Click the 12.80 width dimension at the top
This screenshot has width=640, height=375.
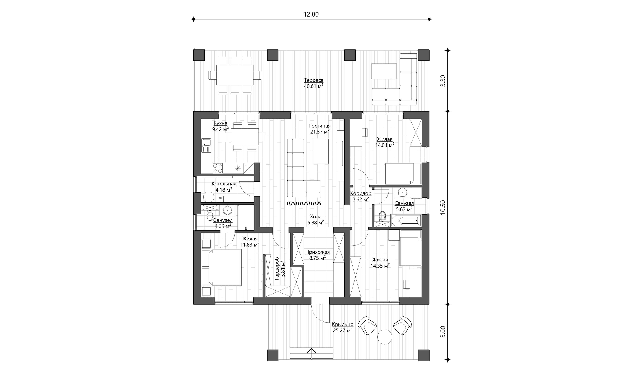(311, 14)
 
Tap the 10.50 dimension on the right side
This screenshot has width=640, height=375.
(443, 208)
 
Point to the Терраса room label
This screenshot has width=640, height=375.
(314, 80)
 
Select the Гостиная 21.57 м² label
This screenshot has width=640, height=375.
(320, 129)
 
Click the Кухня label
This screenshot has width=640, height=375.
(220, 123)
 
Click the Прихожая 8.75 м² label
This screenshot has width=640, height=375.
(317, 255)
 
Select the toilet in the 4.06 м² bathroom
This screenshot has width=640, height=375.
(210, 216)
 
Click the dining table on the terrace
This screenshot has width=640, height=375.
(235, 75)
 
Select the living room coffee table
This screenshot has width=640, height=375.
(321, 152)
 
